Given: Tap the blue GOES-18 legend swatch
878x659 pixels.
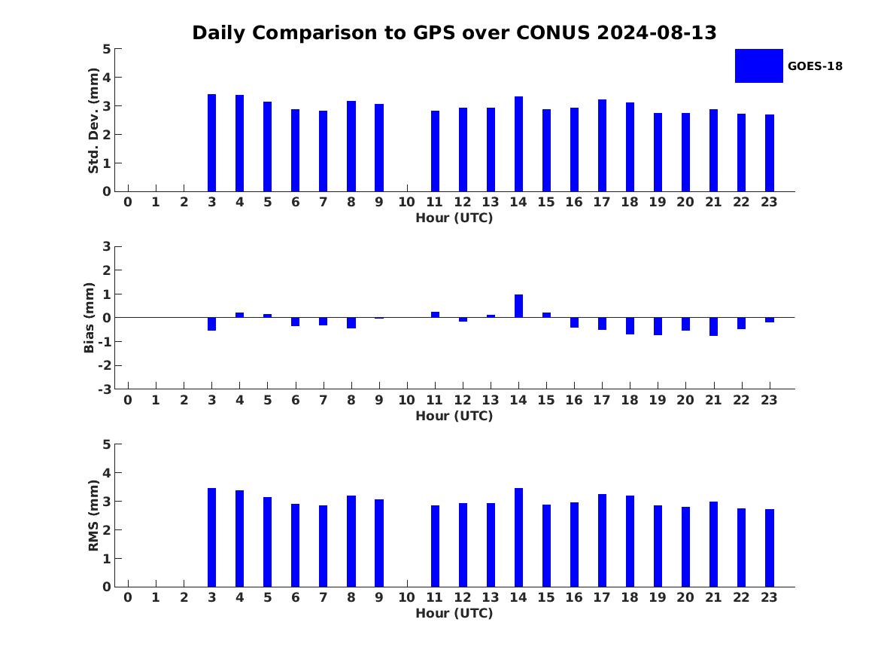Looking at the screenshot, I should tap(758, 66).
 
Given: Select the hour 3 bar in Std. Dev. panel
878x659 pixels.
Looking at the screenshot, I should tap(212, 143).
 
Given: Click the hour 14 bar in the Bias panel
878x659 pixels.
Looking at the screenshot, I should tap(518, 306).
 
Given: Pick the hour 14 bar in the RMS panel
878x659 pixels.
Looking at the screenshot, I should tap(518, 537).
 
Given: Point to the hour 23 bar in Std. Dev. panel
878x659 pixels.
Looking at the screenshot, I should tap(770, 153).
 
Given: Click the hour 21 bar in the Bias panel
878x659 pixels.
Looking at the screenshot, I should tap(713, 326).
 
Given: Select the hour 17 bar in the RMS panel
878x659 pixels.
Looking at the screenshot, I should tap(602, 540).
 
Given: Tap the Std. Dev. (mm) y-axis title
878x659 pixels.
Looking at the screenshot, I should tap(93, 121).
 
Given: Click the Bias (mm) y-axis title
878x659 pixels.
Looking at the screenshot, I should tap(89, 318).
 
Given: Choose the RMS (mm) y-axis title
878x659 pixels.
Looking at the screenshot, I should tap(93, 515).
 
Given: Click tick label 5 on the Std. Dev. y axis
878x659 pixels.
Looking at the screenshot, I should tap(107, 49).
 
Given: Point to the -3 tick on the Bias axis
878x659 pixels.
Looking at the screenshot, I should tap(105, 389).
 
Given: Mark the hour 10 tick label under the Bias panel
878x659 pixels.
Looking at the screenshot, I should tap(406, 400).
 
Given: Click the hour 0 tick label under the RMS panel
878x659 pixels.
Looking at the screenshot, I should tap(128, 597).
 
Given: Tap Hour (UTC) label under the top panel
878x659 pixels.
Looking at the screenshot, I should tap(454, 218).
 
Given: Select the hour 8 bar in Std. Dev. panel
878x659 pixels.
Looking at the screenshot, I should tap(351, 146).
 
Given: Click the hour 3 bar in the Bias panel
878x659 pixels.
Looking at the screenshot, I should tap(212, 324).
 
